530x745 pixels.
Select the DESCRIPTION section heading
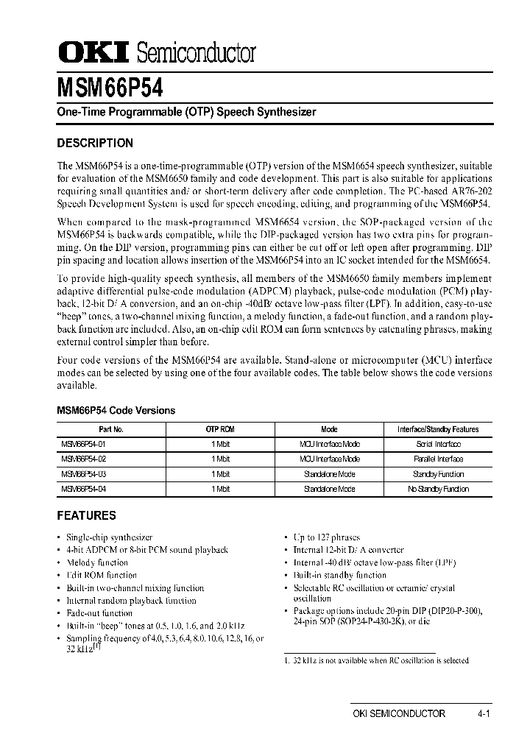pyautogui.click(x=95, y=144)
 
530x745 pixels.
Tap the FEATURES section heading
pyautogui.click(x=87, y=516)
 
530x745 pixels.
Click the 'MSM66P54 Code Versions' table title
pyautogui.click(x=116, y=411)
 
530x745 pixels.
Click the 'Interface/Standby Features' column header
pyautogui.click(x=438, y=429)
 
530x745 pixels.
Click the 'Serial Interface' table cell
pyautogui.click(x=438, y=444)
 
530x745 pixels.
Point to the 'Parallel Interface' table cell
pyautogui.click(x=438, y=459)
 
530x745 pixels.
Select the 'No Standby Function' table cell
pyautogui.click(x=438, y=489)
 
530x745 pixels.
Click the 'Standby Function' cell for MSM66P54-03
pyautogui.click(x=438, y=474)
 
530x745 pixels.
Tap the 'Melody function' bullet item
pyautogui.click(x=96, y=562)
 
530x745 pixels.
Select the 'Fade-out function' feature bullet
pyautogui.click(x=99, y=612)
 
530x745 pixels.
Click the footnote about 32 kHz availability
pyautogui.click(x=376, y=660)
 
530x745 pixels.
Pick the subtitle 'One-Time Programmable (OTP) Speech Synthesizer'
pyautogui.click(x=186, y=113)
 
